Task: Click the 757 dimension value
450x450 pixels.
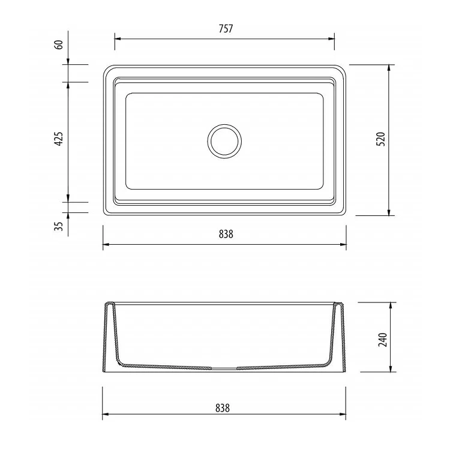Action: (x=225, y=29)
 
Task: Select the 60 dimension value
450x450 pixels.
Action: (x=59, y=46)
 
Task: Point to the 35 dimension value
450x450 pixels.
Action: (x=59, y=227)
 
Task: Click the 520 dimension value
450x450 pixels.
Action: (x=380, y=139)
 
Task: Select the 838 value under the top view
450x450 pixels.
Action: (x=225, y=235)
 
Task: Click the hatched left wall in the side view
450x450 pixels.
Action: (x=112, y=336)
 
